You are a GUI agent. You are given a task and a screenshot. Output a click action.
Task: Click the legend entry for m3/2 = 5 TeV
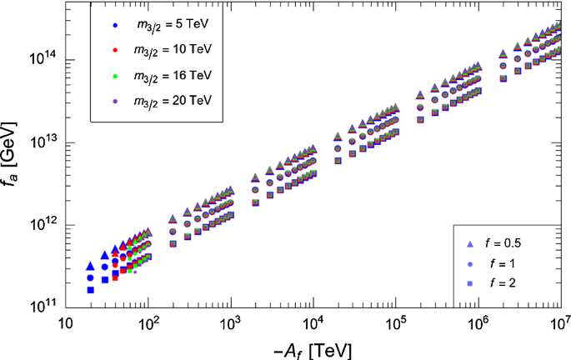click(x=172, y=24)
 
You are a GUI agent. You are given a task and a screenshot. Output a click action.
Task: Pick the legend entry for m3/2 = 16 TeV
click(x=172, y=75)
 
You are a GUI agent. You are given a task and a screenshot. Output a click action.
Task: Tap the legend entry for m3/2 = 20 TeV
click(x=172, y=100)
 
